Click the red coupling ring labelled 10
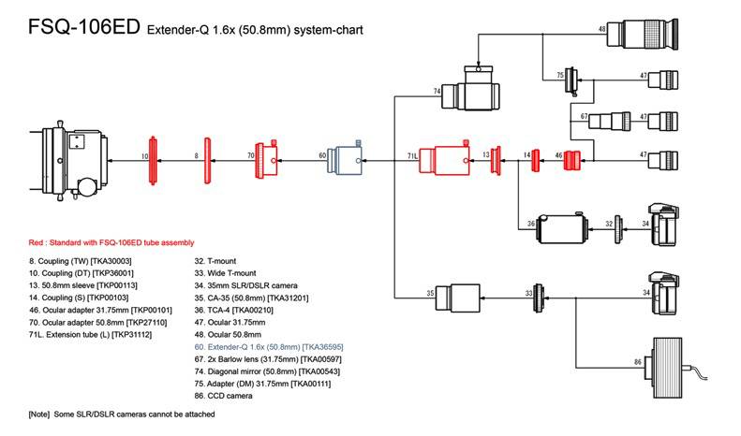click(156, 156)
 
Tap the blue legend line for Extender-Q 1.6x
click(268, 346)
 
